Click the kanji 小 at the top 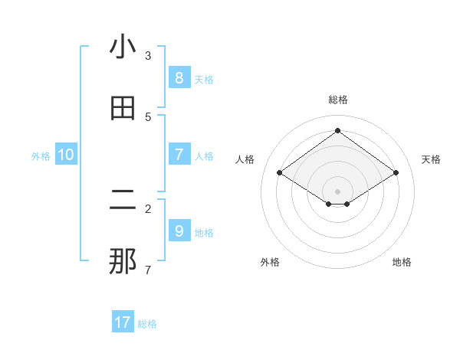tap(123, 47)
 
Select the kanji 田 tap(123, 109)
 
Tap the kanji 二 tap(123, 201)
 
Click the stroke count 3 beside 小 tap(148, 56)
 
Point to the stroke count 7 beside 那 tap(148, 270)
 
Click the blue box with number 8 tap(179, 78)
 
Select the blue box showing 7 tap(179, 155)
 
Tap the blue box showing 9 tap(179, 231)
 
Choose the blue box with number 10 tap(66, 155)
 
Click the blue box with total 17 tap(123, 322)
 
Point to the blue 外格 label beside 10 tap(41, 156)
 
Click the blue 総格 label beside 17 tap(147, 324)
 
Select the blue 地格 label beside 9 tap(204, 233)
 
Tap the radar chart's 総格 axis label tap(338, 100)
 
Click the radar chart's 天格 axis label tap(431, 159)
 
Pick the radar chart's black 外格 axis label tap(270, 262)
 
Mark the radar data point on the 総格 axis tap(338, 130)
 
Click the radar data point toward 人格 tap(280, 173)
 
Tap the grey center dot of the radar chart tap(338, 191)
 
